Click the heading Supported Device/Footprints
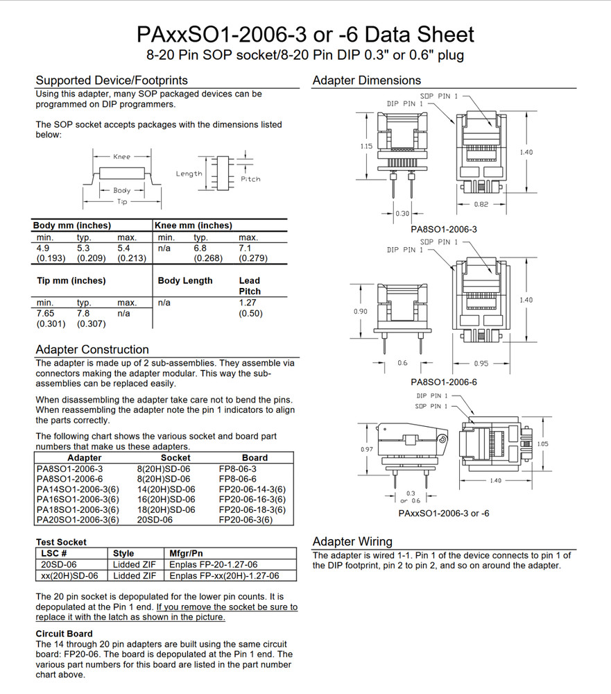(111, 81)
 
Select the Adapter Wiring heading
(352, 541)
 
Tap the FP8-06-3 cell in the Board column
(237, 469)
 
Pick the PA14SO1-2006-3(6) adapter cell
(78, 489)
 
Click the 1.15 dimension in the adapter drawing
(365, 146)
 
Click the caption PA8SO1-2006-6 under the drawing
(444, 382)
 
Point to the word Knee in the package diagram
(121, 157)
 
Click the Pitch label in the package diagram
(250, 179)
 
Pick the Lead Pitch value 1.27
(248, 303)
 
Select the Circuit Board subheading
(64, 634)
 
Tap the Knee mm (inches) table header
(193, 226)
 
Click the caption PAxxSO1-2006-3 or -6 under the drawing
(444, 513)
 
